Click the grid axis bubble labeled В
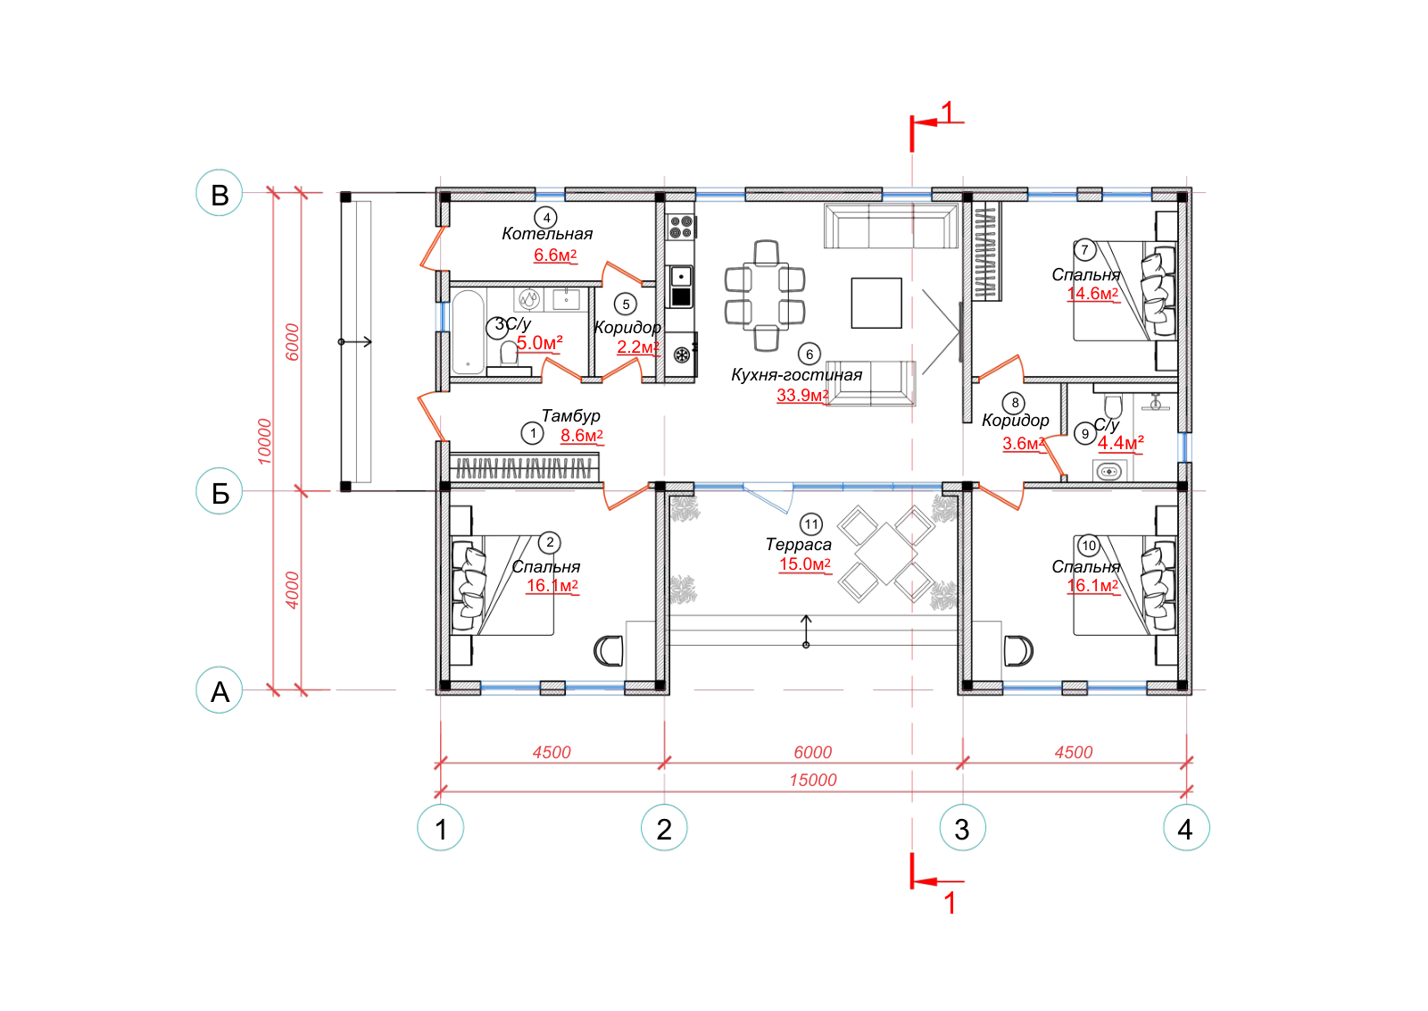(x=220, y=193)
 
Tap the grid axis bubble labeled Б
(x=220, y=492)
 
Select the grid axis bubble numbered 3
(x=963, y=829)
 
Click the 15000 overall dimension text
(x=813, y=780)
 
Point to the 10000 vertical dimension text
(x=264, y=441)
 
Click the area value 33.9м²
(x=802, y=396)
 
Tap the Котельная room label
(x=548, y=234)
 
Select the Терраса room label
(x=799, y=545)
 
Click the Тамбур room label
(x=571, y=416)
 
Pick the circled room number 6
(x=809, y=355)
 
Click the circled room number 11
(x=811, y=525)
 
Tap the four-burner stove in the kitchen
(x=681, y=227)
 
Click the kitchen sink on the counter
(x=682, y=278)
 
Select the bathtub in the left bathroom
(x=469, y=332)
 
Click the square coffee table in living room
(x=876, y=303)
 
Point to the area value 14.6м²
(x=1093, y=294)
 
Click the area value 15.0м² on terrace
(x=805, y=564)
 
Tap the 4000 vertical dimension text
(x=292, y=590)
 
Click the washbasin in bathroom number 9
(x=1110, y=472)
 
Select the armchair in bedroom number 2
(x=609, y=651)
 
